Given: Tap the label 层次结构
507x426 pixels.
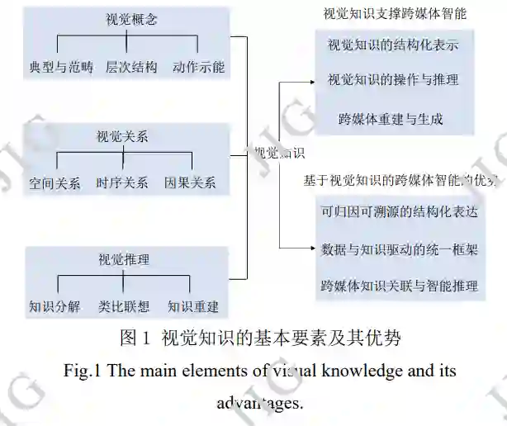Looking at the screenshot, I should coord(130,67).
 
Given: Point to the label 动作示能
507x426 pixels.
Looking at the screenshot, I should coord(198,67).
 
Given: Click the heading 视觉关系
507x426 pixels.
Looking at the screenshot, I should coord(122,136).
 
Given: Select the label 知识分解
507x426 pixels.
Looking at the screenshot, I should coord(54,306).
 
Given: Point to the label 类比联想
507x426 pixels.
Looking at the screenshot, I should coord(123,306).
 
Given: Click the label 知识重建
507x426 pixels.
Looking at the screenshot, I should coord(193,306).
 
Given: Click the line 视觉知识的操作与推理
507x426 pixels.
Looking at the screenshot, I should coord(392,80).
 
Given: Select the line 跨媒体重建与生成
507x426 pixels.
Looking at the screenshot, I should coord(391,119).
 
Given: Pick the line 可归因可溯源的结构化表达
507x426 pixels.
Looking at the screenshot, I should coord(399,211).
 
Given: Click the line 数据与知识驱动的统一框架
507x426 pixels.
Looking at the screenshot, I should coord(399,248).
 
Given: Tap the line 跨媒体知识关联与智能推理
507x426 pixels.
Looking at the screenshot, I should coord(399,286).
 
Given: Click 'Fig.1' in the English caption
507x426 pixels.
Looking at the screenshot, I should coord(82,371).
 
